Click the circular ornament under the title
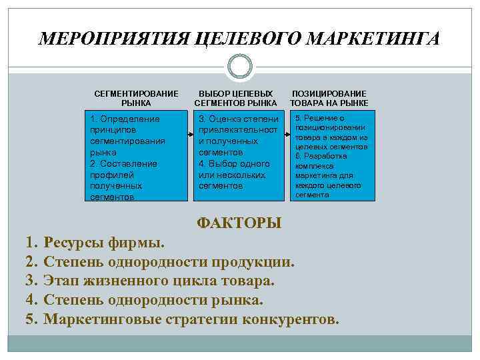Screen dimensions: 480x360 [239, 67]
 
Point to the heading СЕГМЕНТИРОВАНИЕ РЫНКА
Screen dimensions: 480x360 [136, 99]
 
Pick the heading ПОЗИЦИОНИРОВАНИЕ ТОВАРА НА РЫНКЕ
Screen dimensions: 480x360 [329, 99]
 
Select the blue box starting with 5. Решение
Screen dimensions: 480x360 [331, 156]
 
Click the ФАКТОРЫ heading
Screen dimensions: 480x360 [239, 223]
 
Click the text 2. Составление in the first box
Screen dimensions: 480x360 [123, 163]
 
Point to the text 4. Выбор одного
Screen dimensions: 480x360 [233, 163]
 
